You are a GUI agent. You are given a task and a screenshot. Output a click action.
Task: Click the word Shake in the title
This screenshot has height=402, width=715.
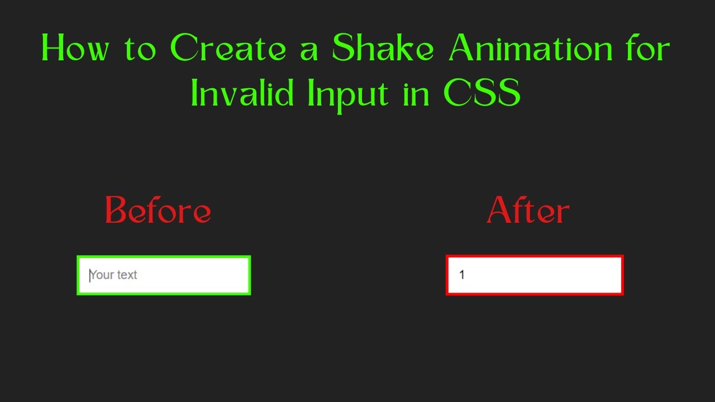383,49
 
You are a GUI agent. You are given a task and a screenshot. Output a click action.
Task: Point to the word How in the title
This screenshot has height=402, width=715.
75,49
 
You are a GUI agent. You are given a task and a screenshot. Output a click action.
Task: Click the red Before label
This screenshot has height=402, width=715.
158,211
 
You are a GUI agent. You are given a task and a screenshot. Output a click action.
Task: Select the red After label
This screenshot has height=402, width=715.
528,211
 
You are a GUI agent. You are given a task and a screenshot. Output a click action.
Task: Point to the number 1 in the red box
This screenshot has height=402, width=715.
462,275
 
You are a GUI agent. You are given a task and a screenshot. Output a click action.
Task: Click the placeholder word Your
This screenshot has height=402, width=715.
102,275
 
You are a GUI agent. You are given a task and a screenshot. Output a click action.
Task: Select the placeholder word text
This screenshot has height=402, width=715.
127,275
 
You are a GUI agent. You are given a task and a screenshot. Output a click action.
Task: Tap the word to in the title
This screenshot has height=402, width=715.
140,50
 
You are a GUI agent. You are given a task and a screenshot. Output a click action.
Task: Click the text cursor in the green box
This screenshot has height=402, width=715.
90,275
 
